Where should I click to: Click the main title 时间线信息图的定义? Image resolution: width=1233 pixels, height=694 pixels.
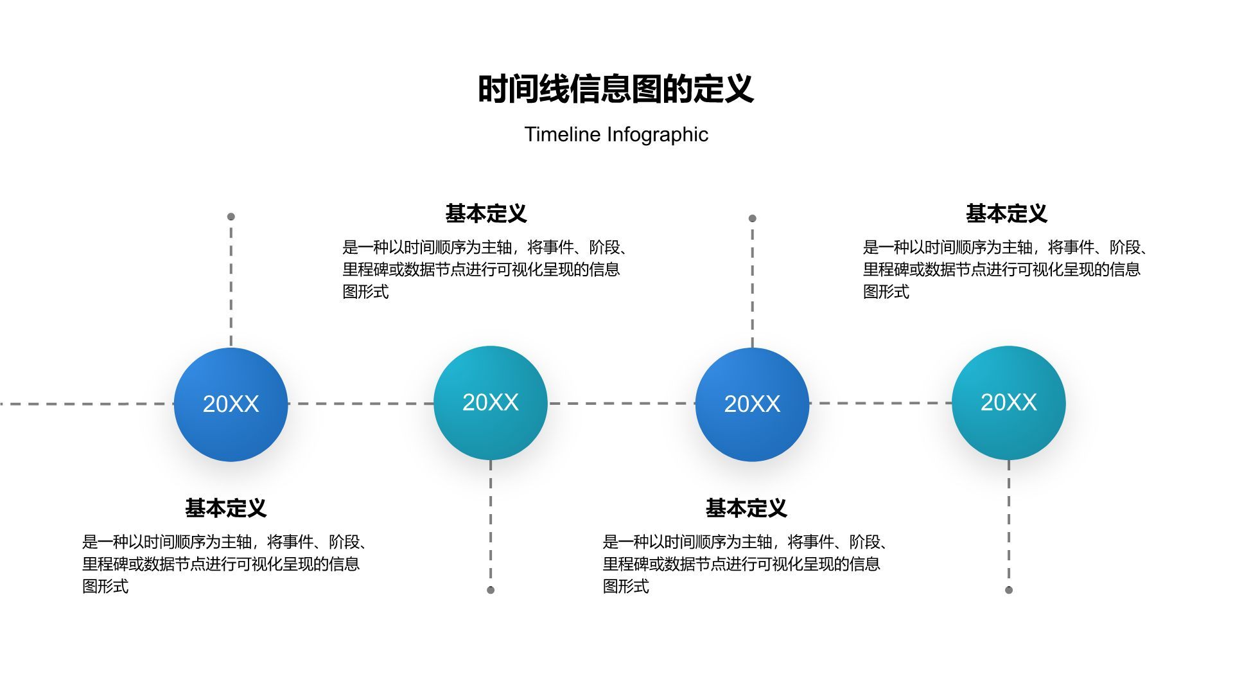615,89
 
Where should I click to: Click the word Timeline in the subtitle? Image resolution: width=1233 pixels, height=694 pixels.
563,134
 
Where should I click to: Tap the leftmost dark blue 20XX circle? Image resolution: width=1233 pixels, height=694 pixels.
231,404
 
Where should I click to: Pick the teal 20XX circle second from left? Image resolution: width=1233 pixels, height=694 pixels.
491,403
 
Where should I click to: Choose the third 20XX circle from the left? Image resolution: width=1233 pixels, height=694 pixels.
752,404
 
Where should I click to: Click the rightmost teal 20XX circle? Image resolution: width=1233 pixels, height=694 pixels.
1008,403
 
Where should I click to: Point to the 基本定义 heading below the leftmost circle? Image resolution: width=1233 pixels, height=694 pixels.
225,508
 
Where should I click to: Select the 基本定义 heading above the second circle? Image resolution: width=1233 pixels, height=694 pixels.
486,214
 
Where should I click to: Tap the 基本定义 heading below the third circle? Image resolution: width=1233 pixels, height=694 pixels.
746,508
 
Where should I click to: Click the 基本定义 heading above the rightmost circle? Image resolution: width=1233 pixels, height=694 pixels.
1006,214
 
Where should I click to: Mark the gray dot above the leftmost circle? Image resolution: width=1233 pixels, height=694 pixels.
231,217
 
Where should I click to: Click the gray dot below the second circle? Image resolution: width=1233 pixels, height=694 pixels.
491,590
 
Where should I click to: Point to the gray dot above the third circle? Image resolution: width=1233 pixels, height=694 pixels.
753,218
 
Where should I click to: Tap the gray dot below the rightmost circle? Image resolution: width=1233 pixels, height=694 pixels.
1009,590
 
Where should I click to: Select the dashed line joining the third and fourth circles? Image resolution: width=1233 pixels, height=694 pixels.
880,404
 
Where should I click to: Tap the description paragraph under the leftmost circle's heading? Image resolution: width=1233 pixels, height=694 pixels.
225,564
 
